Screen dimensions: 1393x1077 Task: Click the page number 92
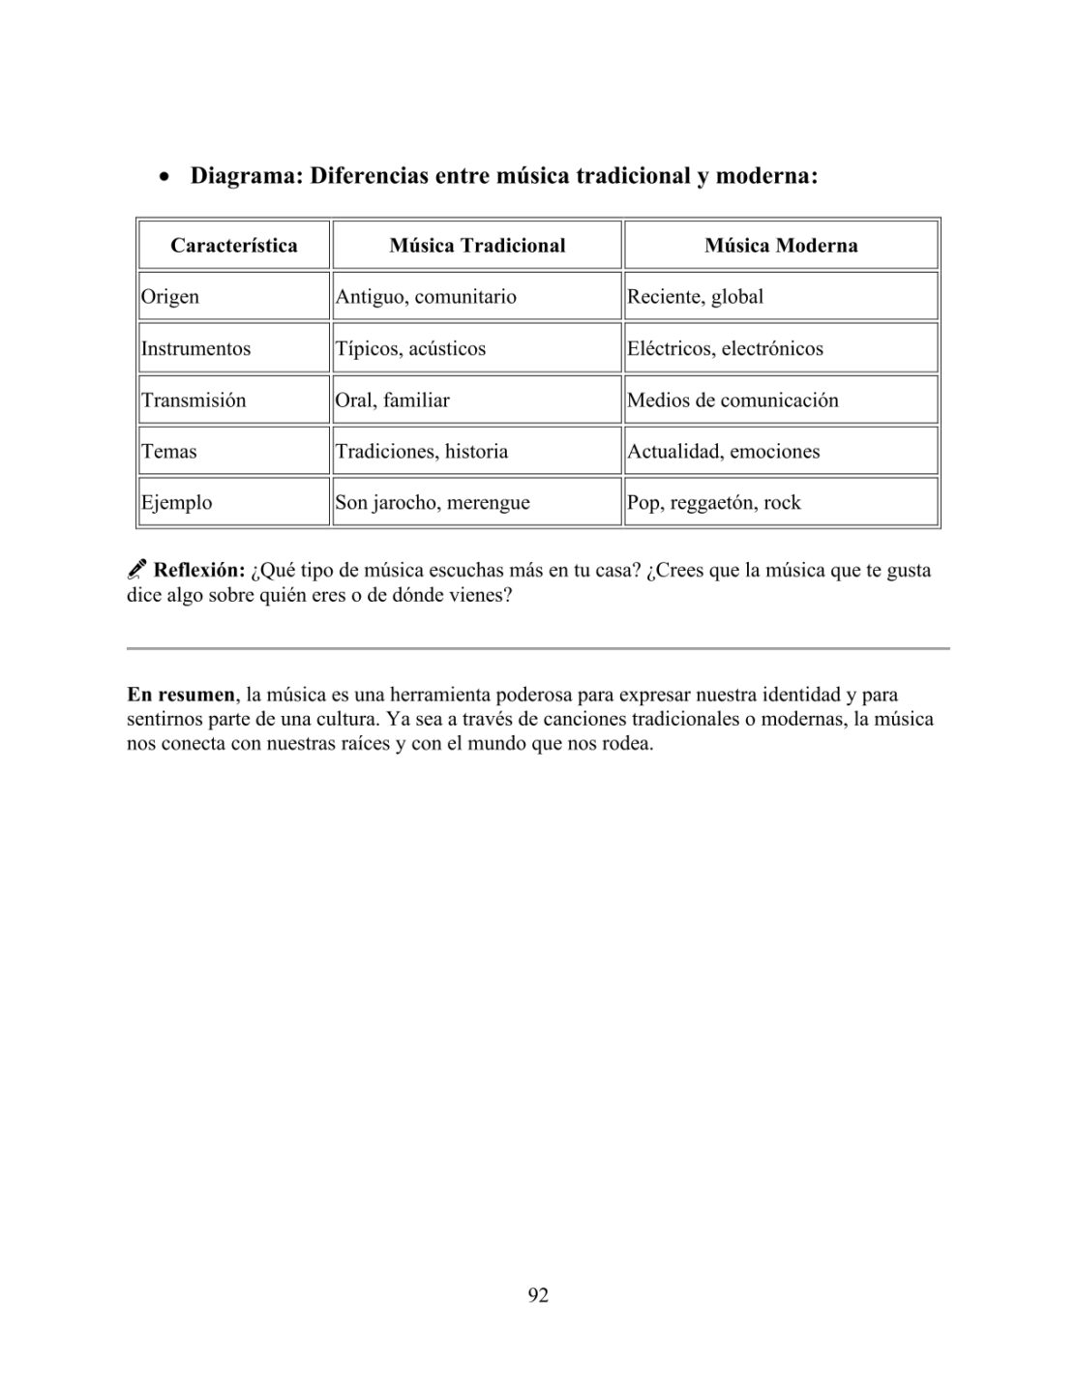pyautogui.click(x=538, y=1295)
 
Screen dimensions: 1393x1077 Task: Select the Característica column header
pyautogui.click(x=234, y=246)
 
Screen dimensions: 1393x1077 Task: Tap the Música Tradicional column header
pyautogui.click(x=477, y=246)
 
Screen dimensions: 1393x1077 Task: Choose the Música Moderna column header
pyautogui.click(x=781, y=246)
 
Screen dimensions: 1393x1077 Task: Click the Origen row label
pyautogui.click(x=170, y=297)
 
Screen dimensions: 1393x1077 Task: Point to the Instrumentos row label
pyautogui.click(x=195, y=349)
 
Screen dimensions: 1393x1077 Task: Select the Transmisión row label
pyautogui.click(x=194, y=400)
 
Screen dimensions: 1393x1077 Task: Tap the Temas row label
pyautogui.click(x=169, y=452)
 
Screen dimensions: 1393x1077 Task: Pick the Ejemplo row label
pyautogui.click(x=177, y=503)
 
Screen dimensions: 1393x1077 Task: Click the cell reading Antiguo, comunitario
pyautogui.click(x=426, y=297)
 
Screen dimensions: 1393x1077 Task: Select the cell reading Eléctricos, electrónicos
pyautogui.click(x=726, y=349)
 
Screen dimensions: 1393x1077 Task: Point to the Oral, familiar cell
pyautogui.click(x=392, y=400)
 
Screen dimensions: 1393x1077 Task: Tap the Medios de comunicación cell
pyautogui.click(x=733, y=400)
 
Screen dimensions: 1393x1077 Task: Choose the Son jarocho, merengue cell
pyautogui.click(x=433, y=503)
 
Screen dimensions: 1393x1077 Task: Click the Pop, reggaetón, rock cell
pyautogui.click(x=714, y=503)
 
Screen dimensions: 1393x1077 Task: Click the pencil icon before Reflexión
pyautogui.click(x=137, y=570)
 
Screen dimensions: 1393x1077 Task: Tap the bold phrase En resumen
pyautogui.click(x=181, y=695)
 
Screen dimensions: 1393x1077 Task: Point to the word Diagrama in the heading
pyautogui.click(x=245, y=177)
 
